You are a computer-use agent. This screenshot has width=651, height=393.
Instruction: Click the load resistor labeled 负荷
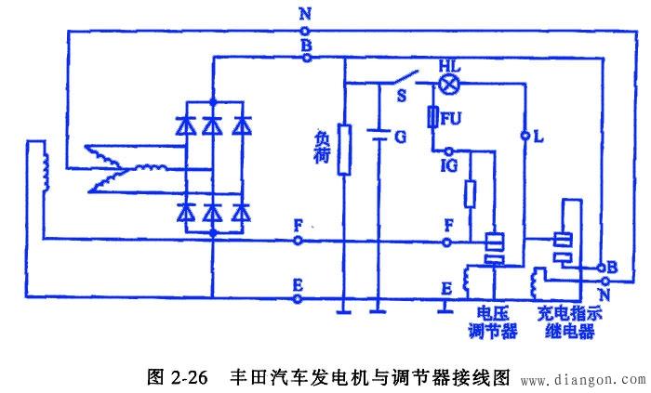[x=343, y=150]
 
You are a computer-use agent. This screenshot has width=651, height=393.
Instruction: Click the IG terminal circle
[x=448, y=151]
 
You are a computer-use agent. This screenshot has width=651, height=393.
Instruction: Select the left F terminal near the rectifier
[x=298, y=240]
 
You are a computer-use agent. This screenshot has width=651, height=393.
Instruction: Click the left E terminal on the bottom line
[x=298, y=299]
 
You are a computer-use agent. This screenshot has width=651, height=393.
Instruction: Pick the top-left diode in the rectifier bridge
[x=185, y=123]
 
